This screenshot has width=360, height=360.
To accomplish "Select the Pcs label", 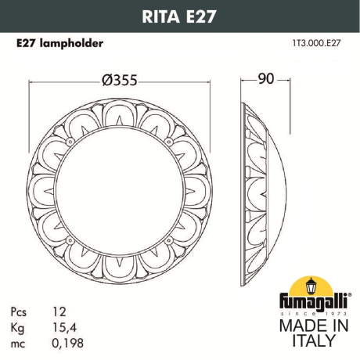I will pos(23,311).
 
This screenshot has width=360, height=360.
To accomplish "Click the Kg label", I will pos(22,326).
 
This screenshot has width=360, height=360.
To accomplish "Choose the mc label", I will pos(22,342).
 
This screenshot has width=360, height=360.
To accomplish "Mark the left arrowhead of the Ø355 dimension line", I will pos(32,80).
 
